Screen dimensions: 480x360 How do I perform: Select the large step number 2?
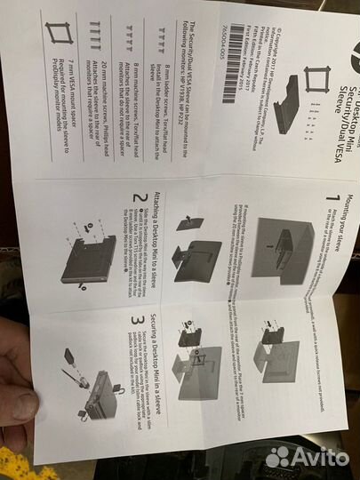tap(135, 200)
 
